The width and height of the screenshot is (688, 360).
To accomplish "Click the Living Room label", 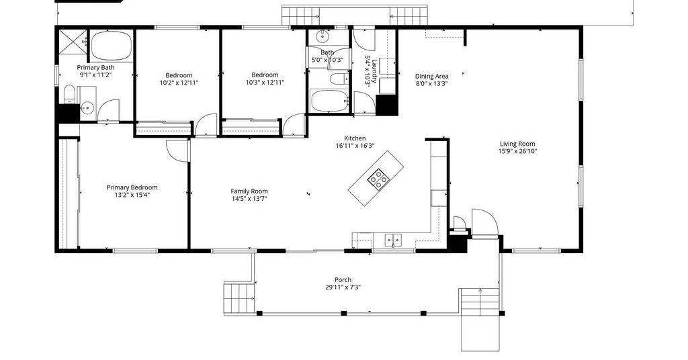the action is pos(517,144).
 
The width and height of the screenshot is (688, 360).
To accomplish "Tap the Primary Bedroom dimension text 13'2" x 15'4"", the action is pos(132,195).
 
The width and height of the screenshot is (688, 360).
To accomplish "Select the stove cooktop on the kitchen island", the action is pos(378,179).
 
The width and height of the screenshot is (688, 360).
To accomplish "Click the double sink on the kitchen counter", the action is pos(393,240).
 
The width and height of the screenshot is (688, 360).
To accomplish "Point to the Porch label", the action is pos(343,280).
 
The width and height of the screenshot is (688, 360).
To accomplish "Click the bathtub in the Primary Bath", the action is pos(111,45).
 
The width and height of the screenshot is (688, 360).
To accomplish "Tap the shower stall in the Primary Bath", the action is pos(73,44).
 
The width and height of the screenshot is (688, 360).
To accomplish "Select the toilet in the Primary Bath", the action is pos(70,93).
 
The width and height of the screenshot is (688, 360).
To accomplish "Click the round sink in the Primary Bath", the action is pos(87,107).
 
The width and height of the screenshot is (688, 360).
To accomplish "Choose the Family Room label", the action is pos(249,191).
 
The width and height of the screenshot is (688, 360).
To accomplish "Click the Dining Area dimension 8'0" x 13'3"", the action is pos(432,84).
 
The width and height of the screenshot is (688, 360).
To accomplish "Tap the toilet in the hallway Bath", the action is pos(339,79).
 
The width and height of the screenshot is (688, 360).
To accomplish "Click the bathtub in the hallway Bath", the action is pos(329,101).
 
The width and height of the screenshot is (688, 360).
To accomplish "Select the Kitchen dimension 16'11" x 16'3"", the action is pos(355,146).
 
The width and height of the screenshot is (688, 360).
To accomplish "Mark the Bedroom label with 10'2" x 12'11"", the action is pos(179,75).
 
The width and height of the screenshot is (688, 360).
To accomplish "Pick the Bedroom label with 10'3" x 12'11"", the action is pos(265,75).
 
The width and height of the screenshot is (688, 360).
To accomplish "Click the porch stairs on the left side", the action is pos(239,298).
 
